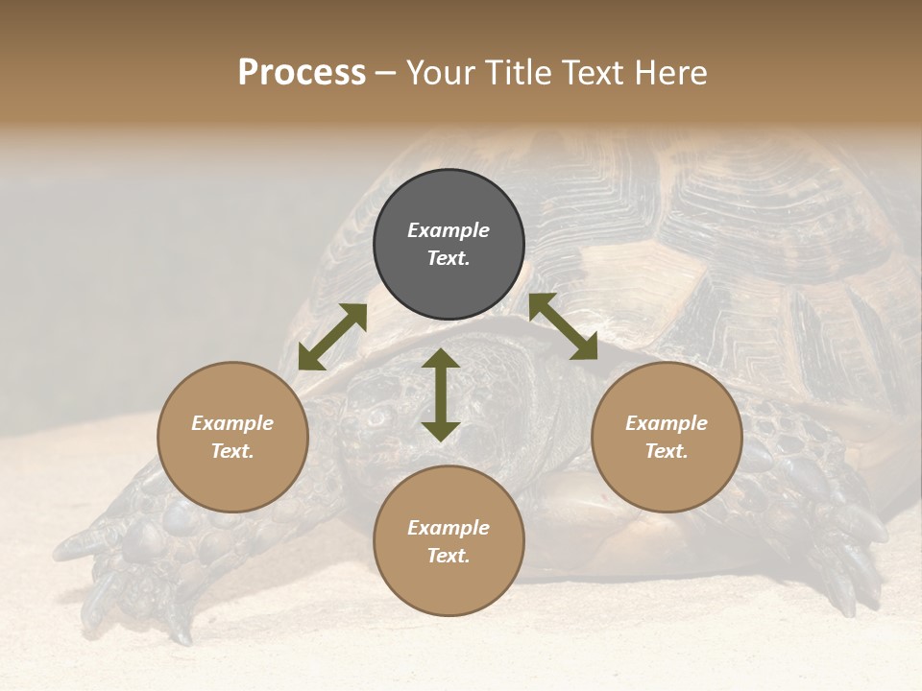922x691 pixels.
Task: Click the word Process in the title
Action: [x=302, y=73]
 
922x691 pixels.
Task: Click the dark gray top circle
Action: [x=449, y=245]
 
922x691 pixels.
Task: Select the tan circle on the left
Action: [x=232, y=437]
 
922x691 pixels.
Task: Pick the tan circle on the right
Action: [x=667, y=437]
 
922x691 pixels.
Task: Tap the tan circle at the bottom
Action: [x=449, y=541]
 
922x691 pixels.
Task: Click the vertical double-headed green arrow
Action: [x=441, y=394]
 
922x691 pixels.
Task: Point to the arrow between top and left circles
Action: [x=332, y=337]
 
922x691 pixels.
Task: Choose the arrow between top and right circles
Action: [x=563, y=326]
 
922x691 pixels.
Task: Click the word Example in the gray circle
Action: [x=449, y=230]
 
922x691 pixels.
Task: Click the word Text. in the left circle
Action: [x=232, y=451]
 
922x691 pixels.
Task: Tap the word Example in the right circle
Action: [x=667, y=423]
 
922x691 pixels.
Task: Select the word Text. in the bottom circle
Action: [x=449, y=556]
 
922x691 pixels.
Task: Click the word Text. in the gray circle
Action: [x=449, y=258]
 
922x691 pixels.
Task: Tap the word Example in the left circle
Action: [x=232, y=423]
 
